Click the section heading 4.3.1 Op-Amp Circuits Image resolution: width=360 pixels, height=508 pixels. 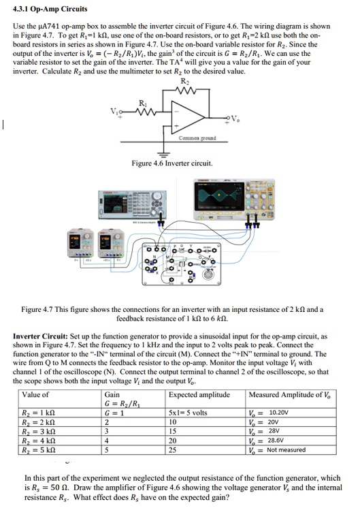(x=50, y=10)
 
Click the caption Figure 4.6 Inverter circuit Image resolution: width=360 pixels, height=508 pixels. (x=172, y=163)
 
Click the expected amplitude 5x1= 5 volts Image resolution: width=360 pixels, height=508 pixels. (x=187, y=413)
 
